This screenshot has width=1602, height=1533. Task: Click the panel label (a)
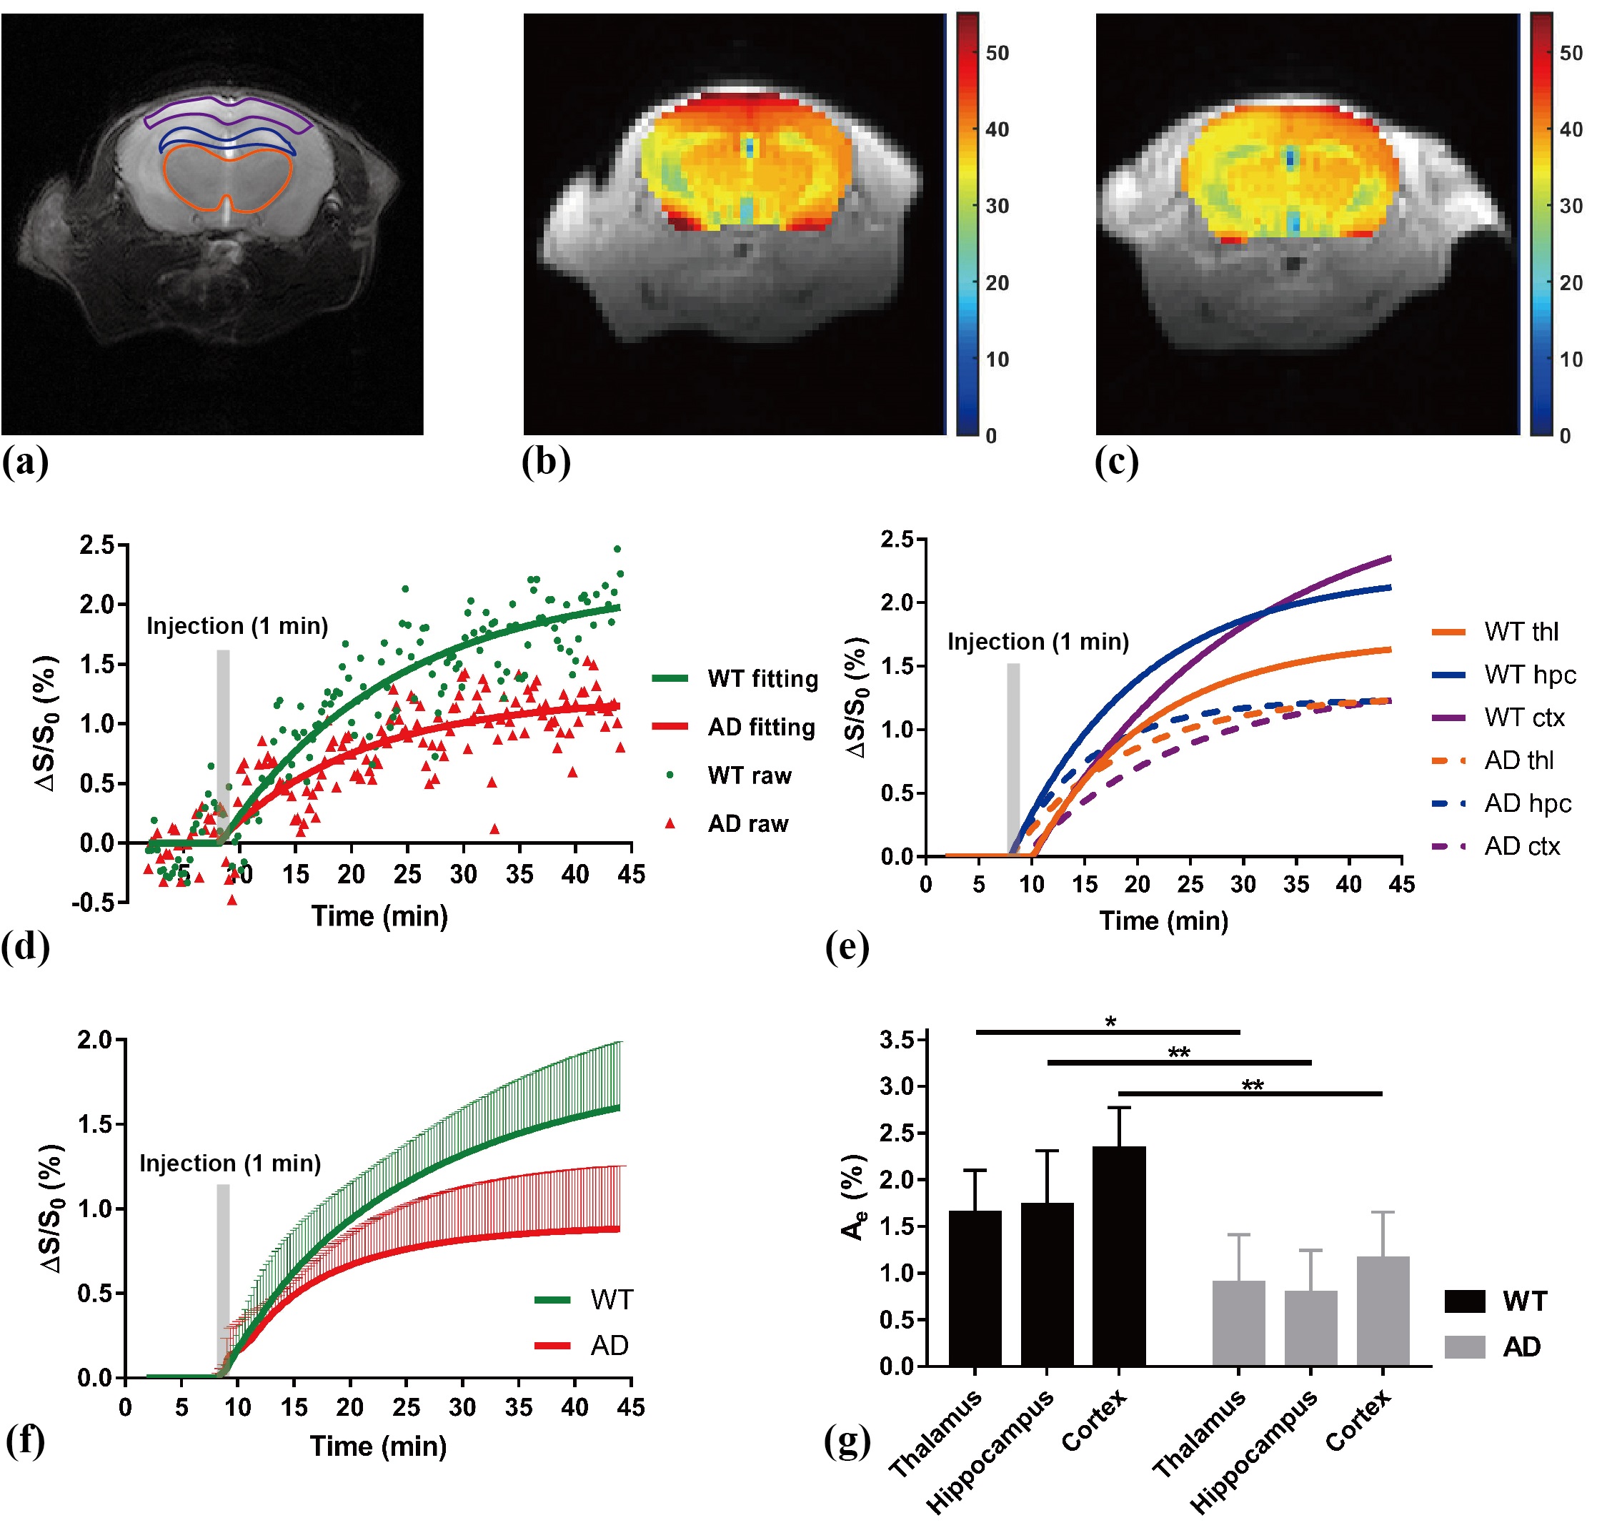(x=24, y=462)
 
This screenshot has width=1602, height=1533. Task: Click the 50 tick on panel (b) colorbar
(x=997, y=54)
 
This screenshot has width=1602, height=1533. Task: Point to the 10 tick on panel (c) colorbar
(x=1570, y=359)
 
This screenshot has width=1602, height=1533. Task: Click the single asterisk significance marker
(x=1110, y=1022)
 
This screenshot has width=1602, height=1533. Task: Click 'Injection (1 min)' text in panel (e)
(x=1038, y=643)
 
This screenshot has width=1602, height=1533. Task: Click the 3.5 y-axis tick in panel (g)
(x=896, y=1041)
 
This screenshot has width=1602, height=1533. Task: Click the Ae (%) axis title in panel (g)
(x=854, y=1197)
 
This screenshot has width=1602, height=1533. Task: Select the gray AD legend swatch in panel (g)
(x=1464, y=1346)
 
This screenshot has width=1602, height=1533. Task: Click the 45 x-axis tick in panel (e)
(x=1401, y=884)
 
